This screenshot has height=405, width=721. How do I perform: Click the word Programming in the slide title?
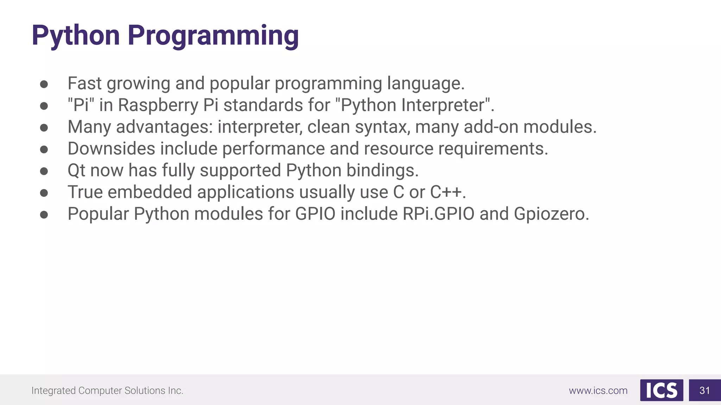213,36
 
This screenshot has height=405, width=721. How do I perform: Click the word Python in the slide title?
76,36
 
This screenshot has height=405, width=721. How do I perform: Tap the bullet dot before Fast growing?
44,84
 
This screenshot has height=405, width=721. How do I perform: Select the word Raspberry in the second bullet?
158,105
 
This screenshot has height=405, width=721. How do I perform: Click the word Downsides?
111,149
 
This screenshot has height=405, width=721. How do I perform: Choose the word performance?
273,149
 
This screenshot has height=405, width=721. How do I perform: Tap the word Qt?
76,171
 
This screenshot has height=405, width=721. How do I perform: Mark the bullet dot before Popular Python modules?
44,214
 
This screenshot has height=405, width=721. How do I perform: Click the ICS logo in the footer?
662,390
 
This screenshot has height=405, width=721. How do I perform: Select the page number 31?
704,391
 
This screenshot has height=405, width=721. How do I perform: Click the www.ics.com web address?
598,391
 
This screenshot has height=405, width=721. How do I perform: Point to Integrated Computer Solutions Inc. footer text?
107,391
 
